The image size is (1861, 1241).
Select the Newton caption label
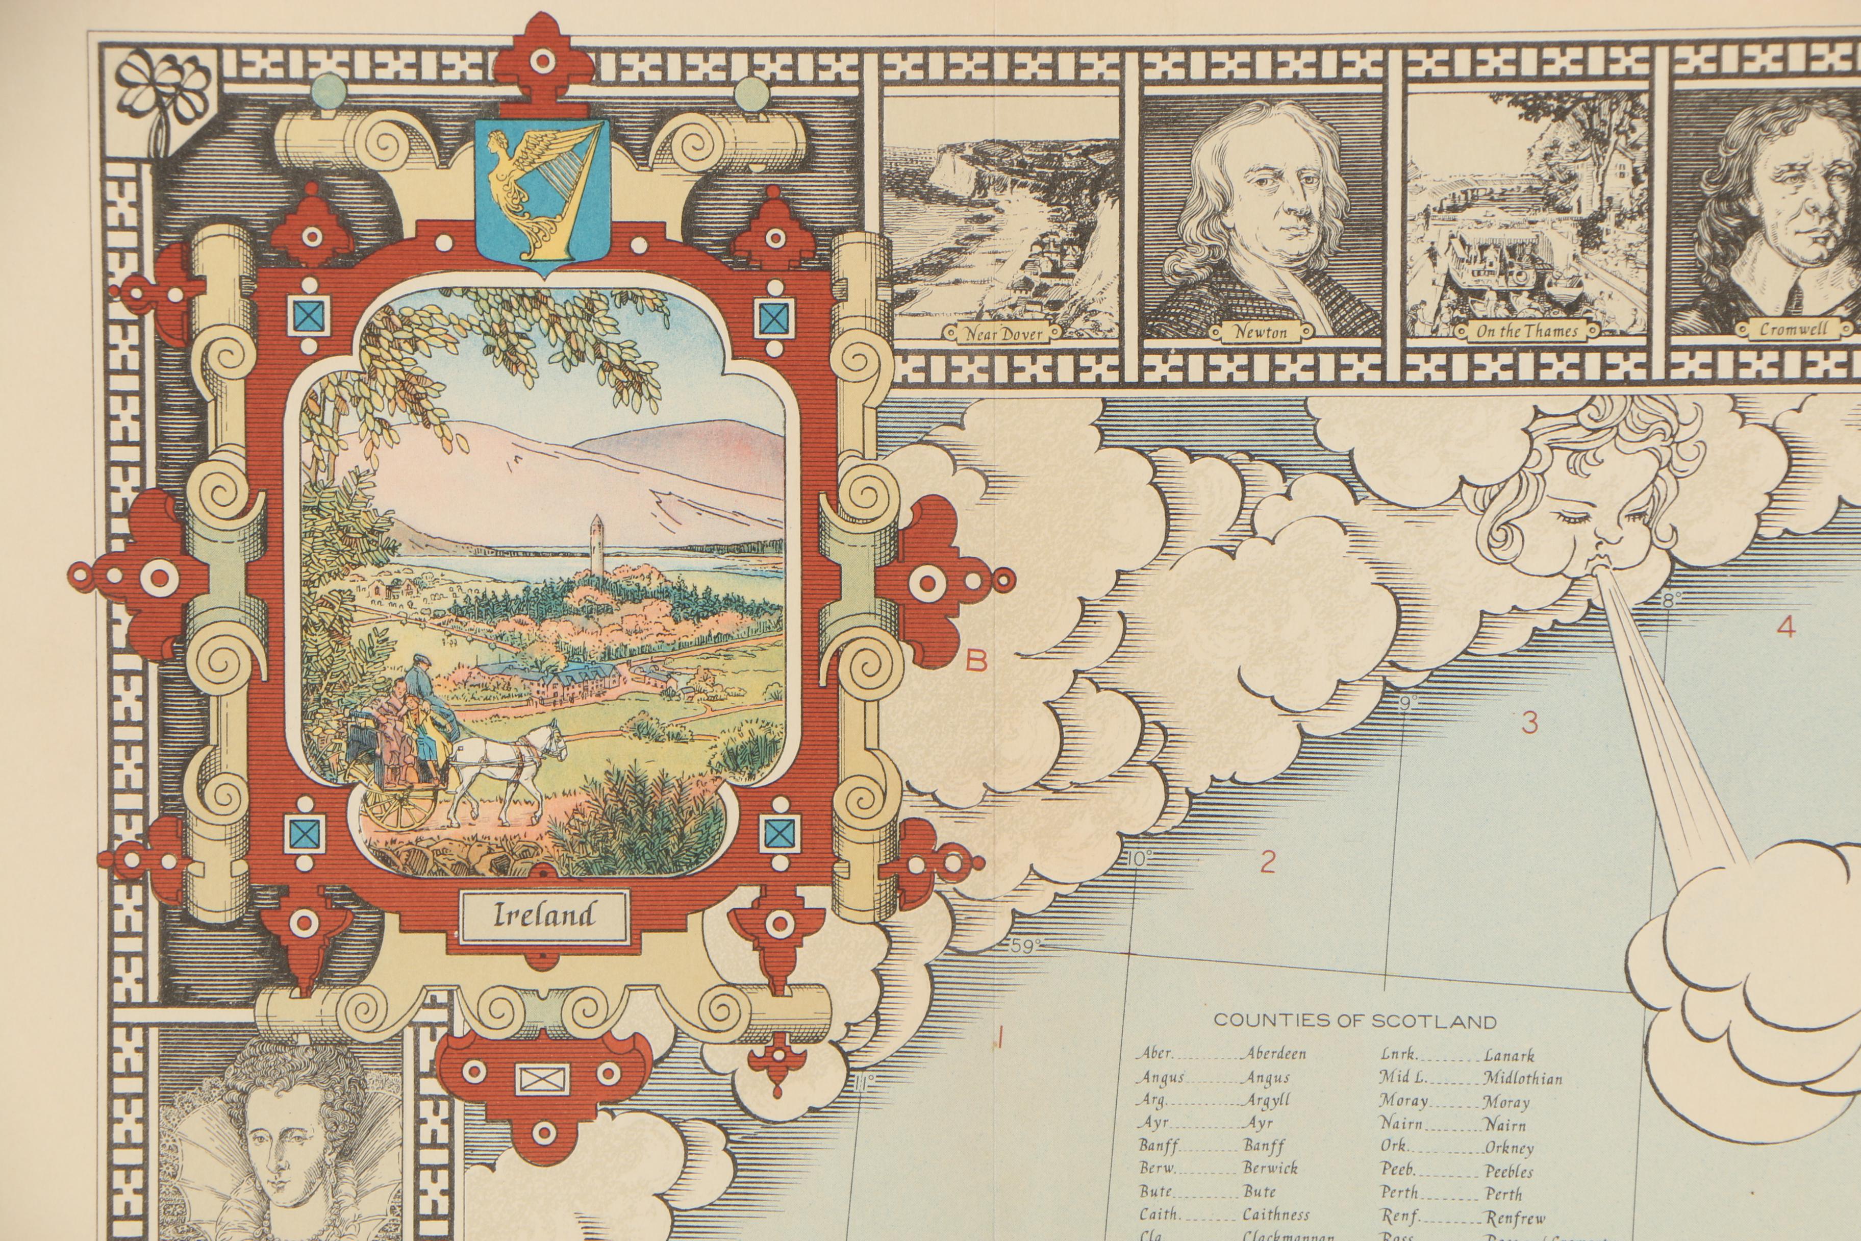pyautogui.click(x=1261, y=332)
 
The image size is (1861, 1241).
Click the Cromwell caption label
pyautogui.click(x=1793, y=329)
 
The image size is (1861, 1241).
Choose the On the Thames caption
pyautogui.click(x=1527, y=332)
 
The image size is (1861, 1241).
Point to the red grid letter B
pyautogui.click(x=978, y=660)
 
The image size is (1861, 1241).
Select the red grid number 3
pyautogui.click(x=1529, y=723)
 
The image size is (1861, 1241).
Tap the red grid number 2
pyautogui.click(x=1268, y=861)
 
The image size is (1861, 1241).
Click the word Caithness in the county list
pyautogui.click(x=1275, y=1214)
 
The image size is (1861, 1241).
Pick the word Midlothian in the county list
pyautogui.click(x=1522, y=1078)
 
